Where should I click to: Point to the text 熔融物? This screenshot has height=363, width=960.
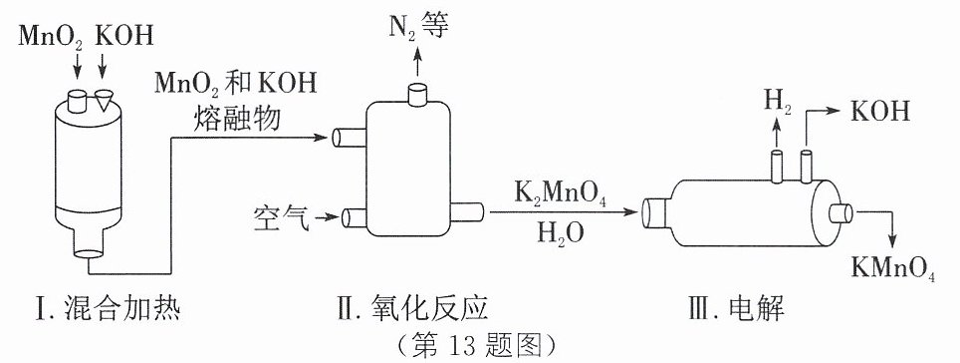(x=236, y=119)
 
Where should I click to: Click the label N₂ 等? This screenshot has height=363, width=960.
(x=419, y=26)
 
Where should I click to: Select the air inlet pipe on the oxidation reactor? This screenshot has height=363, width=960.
(x=355, y=217)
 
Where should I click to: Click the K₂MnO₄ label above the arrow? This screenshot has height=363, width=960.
(x=561, y=197)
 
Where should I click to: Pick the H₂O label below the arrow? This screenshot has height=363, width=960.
(x=561, y=232)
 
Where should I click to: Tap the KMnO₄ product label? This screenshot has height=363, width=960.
(x=893, y=266)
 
